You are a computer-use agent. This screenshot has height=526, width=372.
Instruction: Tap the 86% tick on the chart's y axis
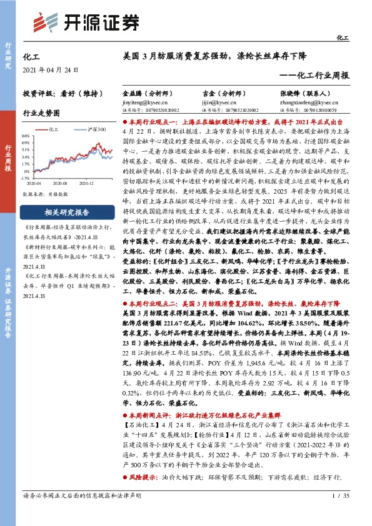click(x=25, y=135)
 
